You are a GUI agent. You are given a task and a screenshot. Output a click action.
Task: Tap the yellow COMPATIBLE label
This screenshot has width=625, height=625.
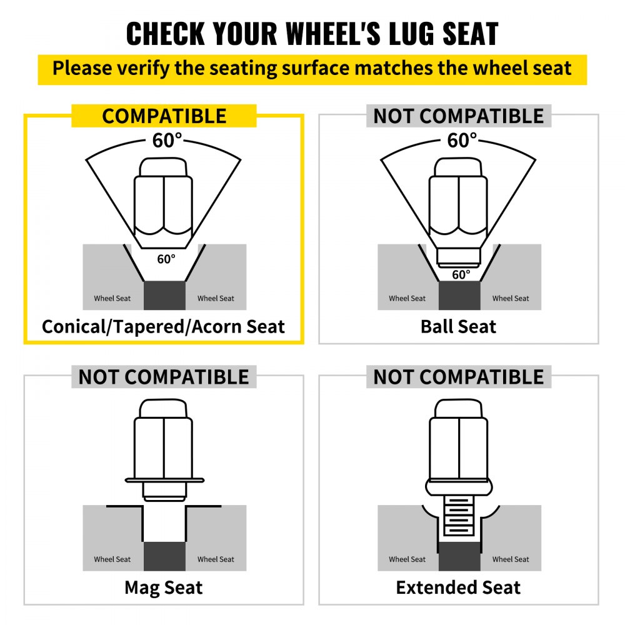pyautogui.click(x=164, y=116)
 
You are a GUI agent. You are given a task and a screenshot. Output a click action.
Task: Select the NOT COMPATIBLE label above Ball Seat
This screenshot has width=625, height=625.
pyautogui.click(x=458, y=116)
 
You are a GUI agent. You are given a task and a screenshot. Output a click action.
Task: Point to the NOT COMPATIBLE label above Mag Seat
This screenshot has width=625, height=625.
pyautogui.click(x=164, y=377)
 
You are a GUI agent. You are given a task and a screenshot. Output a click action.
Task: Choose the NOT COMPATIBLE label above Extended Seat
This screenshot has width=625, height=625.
pyautogui.click(x=458, y=377)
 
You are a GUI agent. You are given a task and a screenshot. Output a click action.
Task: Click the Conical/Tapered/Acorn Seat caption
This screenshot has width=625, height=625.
pyautogui.click(x=163, y=327)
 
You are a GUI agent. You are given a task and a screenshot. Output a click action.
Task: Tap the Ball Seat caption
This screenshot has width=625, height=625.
pyautogui.click(x=458, y=327)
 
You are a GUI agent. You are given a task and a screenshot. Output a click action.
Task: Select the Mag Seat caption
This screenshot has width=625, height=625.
pyautogui.click(x=163, y=587)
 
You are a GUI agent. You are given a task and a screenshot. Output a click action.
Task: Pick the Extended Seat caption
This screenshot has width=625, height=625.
pyautogui.click(x=458, y=587)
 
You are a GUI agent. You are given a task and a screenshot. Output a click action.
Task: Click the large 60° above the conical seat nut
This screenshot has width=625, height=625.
pyautogui.click(x=167, y=140)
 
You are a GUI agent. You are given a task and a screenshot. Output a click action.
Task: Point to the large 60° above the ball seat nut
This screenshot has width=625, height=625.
pyautogui.click(x=462, y=140)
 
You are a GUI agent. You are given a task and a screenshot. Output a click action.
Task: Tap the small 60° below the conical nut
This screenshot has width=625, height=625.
pyautogui.click(x=166, y=259)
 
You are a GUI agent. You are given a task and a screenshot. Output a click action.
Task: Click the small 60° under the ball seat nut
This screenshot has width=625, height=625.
pyautogui.click(x=461, y=274)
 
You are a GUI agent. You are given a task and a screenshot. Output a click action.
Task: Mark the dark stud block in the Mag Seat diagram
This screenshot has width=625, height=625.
pyautogui.click(x=164, y=556)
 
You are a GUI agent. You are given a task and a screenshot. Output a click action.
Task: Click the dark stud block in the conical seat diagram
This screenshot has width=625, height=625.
pyautogui.click(x=164, y=296)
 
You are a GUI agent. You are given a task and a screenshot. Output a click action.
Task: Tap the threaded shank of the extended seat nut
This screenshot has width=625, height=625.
pyautogui.click(x=459, y=516)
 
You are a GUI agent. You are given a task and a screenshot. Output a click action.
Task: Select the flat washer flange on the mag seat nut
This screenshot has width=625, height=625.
pyautogui.click(x=164, y=480)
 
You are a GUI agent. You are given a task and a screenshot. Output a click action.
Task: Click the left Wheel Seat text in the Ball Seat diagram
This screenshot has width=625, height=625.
pyautogui.click(x=407, y=298)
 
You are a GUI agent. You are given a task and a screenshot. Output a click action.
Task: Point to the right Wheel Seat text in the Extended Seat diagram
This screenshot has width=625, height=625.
pyautogui.click(x=511, y=559)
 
